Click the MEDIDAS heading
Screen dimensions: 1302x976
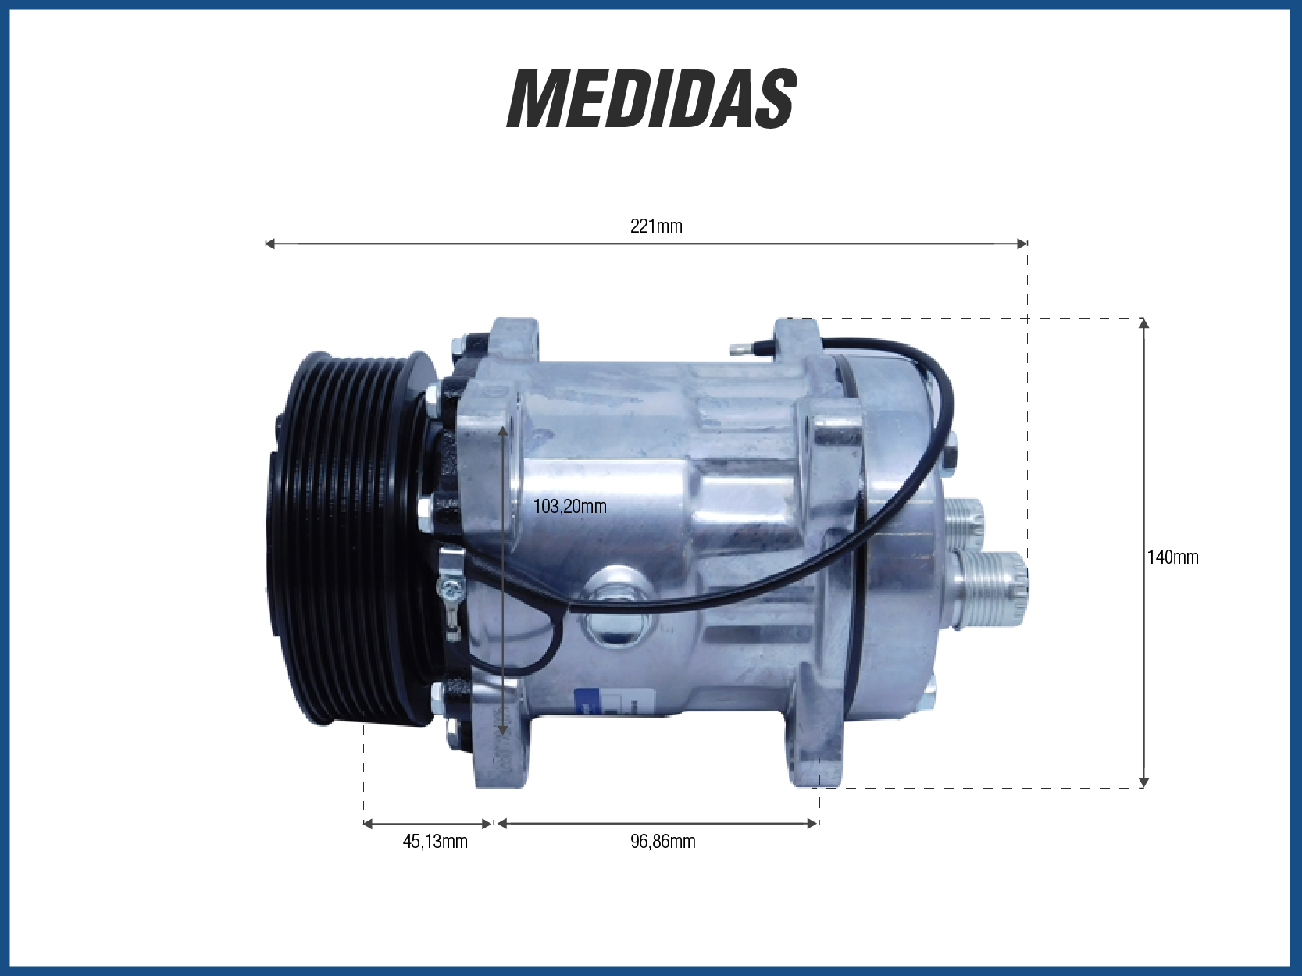coord(651,100)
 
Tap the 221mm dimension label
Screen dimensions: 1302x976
coord(656,226)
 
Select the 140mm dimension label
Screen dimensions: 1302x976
coord(1172,557)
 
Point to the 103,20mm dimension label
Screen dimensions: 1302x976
coord(569,507)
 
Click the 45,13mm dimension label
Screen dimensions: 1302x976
coord(435,842)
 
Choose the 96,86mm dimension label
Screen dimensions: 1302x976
coord(662,842)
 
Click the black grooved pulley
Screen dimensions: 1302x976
coord(350,539)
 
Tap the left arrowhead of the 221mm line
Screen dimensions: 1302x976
coord(270,243)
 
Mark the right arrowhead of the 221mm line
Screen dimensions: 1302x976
coord(1022,243)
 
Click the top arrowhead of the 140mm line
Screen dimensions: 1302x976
coord(1144,324)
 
